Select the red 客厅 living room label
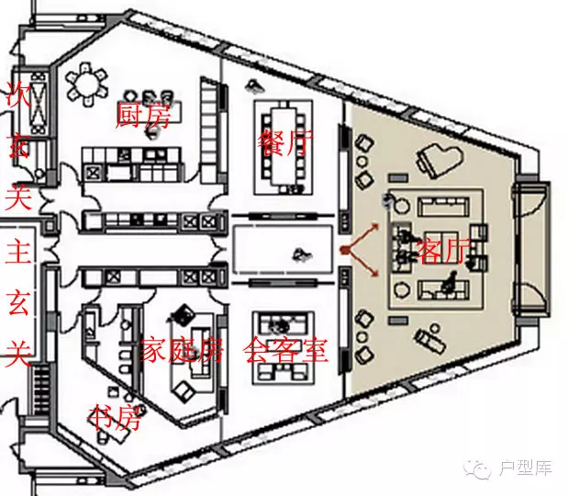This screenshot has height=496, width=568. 444,250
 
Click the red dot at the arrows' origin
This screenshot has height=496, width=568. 343,249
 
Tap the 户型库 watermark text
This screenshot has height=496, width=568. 525,469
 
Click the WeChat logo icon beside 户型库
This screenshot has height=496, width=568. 481,469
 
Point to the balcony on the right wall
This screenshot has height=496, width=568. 530,249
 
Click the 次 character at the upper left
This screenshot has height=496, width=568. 18,96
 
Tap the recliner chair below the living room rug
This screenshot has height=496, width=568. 428,340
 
